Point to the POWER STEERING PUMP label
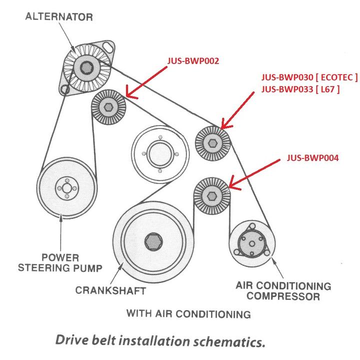pos(60,263)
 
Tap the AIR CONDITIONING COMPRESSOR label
pos(283,291)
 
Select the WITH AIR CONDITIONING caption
pos(188,314)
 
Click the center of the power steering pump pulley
pos(63,186)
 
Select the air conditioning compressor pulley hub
pos(251,243)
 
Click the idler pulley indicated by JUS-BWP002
pos(108,106)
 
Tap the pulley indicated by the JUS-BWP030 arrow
pos(212,143)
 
